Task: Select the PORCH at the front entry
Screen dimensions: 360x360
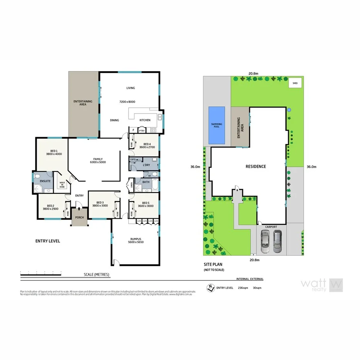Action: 79,217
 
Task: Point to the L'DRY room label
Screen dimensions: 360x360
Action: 146,165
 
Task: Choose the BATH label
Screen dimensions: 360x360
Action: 146,182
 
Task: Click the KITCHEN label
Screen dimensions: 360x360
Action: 145,121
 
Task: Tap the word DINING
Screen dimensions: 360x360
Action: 114,121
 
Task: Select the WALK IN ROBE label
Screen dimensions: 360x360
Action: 62,185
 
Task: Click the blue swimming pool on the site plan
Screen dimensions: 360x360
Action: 217,125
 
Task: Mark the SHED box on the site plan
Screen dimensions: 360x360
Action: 295,83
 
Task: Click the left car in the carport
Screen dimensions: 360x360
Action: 265,241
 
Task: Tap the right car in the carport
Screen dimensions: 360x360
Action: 278,241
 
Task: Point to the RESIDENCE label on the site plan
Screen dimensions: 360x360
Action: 256,166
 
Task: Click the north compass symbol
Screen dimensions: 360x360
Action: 211,287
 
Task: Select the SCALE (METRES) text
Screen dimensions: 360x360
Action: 97,275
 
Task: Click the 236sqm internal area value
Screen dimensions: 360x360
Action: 242,288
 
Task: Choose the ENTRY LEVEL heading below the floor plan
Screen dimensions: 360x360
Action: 48,241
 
